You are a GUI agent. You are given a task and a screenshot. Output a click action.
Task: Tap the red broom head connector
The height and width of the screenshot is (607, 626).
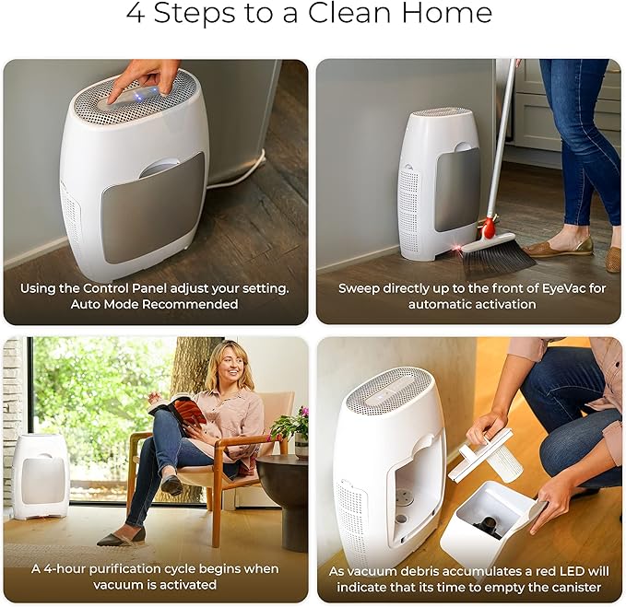[488, 226]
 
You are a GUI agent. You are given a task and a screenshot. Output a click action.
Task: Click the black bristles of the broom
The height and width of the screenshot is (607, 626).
[498, 258]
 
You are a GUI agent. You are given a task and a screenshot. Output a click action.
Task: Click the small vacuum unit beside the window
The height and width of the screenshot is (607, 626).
[41, 475]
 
